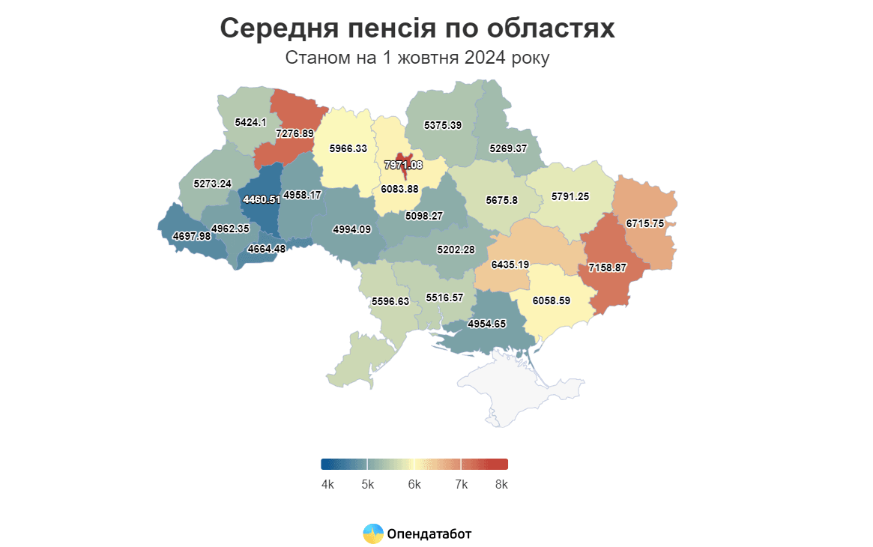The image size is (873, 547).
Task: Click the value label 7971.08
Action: pos(403,165)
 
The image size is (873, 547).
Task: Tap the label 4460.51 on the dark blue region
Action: pos(262,199)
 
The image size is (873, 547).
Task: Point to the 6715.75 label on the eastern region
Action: pos(645,223)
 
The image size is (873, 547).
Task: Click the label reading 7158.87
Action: pos(607,268)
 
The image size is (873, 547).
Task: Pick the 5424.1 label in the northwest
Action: pos(250,121)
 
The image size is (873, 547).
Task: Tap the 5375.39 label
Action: pos(442,125)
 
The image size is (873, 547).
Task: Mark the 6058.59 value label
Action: pos(552,300)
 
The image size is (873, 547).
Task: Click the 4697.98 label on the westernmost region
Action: pos(192,236)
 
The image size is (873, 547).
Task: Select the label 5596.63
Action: pos(390,301)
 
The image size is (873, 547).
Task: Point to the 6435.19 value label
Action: pos(510,265)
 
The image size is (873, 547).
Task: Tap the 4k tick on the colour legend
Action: pos(327,485)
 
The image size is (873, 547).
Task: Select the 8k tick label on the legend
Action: pos(501,485)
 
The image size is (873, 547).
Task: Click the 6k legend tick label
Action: pos(414,485)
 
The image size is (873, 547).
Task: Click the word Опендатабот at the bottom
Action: pos(429,534)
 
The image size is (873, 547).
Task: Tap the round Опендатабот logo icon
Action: pos(373,534)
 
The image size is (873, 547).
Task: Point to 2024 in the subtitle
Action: pos(480,58)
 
